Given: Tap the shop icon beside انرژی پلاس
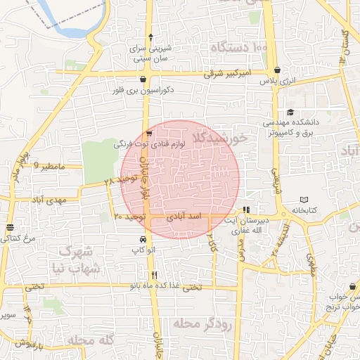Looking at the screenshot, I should click(279, 70).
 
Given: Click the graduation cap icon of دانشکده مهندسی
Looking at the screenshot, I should click(290, 112).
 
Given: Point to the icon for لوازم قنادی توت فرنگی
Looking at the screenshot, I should click(148, 133).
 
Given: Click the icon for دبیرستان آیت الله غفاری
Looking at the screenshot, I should click(246, 210).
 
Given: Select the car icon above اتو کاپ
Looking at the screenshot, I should click(143, 240).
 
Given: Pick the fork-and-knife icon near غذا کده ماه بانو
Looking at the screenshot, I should click(154, 275).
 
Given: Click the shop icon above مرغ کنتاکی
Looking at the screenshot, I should click(10, 228).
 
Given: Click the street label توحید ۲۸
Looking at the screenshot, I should click(117, 182).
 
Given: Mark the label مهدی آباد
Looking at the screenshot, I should click(48, 200).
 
